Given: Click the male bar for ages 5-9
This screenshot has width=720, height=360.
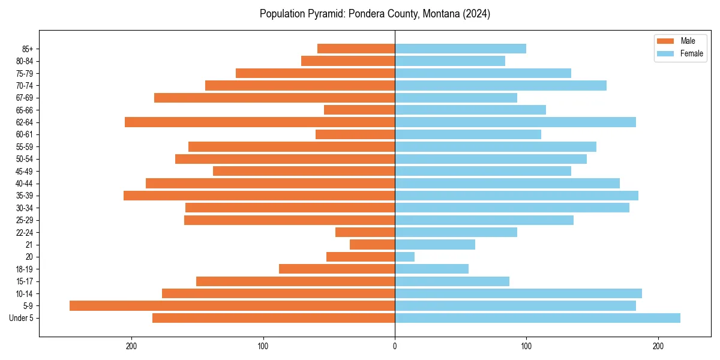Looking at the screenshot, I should pos(232,305).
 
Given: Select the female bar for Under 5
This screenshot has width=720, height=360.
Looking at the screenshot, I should pos(538,318).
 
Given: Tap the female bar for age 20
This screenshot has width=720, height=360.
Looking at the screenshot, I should pos(404,257).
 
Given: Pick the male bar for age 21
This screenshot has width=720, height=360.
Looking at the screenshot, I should pos(372,244).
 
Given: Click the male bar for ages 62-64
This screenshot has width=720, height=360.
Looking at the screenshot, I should pos(260,122).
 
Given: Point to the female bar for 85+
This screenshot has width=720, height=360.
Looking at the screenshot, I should pos(460,49).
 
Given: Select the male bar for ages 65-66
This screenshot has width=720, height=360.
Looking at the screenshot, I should pos(359,110).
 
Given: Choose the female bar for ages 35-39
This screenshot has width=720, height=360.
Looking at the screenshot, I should pos(517,196).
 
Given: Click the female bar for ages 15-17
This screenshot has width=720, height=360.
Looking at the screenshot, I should pos(452,281).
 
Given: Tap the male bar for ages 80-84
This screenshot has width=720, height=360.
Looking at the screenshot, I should pos(348,61).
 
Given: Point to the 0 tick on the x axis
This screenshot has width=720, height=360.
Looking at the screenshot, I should pos(395,346).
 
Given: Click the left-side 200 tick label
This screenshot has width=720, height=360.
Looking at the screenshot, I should pos(131,346).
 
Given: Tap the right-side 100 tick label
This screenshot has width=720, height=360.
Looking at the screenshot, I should pos(526,346).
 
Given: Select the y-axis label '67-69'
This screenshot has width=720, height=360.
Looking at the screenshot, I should pos(24,98).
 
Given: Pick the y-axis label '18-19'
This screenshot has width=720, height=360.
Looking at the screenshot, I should pos(24,269).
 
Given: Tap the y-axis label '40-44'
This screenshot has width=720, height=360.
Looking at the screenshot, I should pos(24,184).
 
